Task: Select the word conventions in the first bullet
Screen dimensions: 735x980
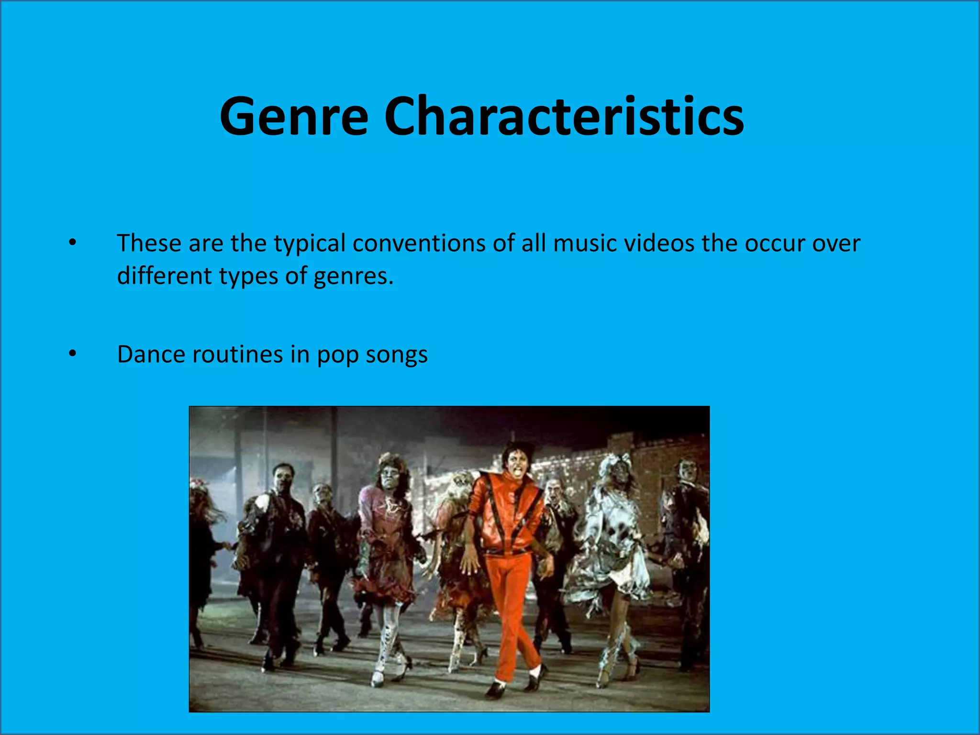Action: pos(419,244)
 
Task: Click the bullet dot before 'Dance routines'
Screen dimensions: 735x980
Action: pos(72,354)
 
